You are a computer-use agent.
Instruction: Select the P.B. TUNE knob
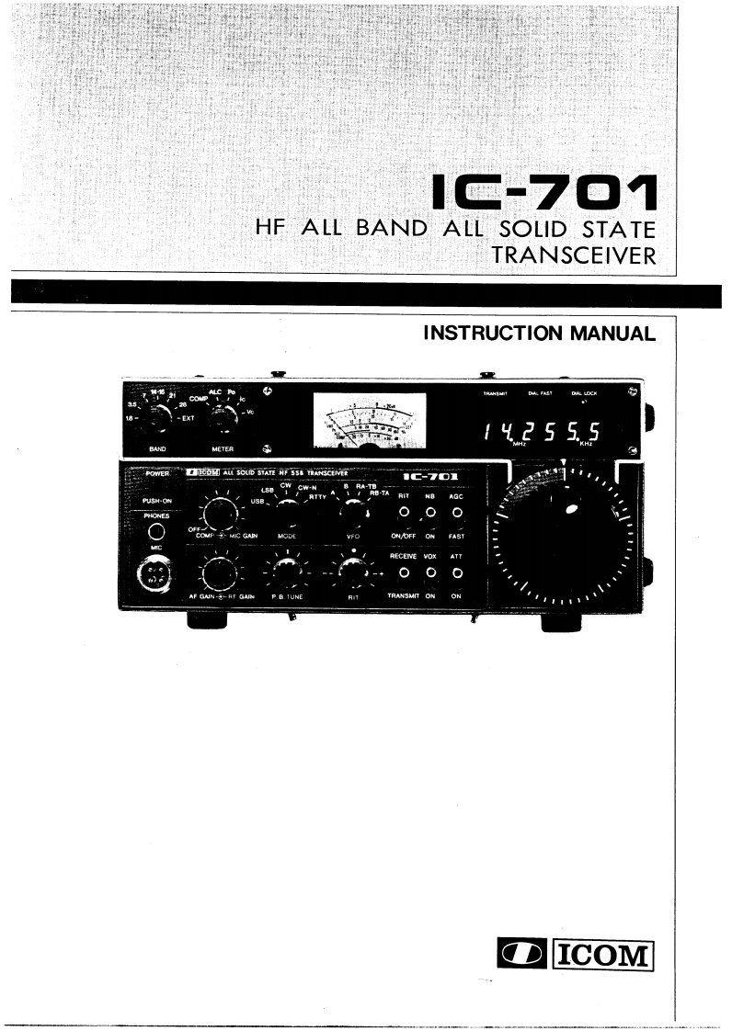288,573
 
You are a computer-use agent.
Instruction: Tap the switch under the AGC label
456,513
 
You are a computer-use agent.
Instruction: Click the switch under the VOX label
430,573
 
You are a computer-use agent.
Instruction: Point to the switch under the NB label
430,513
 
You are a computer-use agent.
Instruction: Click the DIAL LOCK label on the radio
584,393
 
